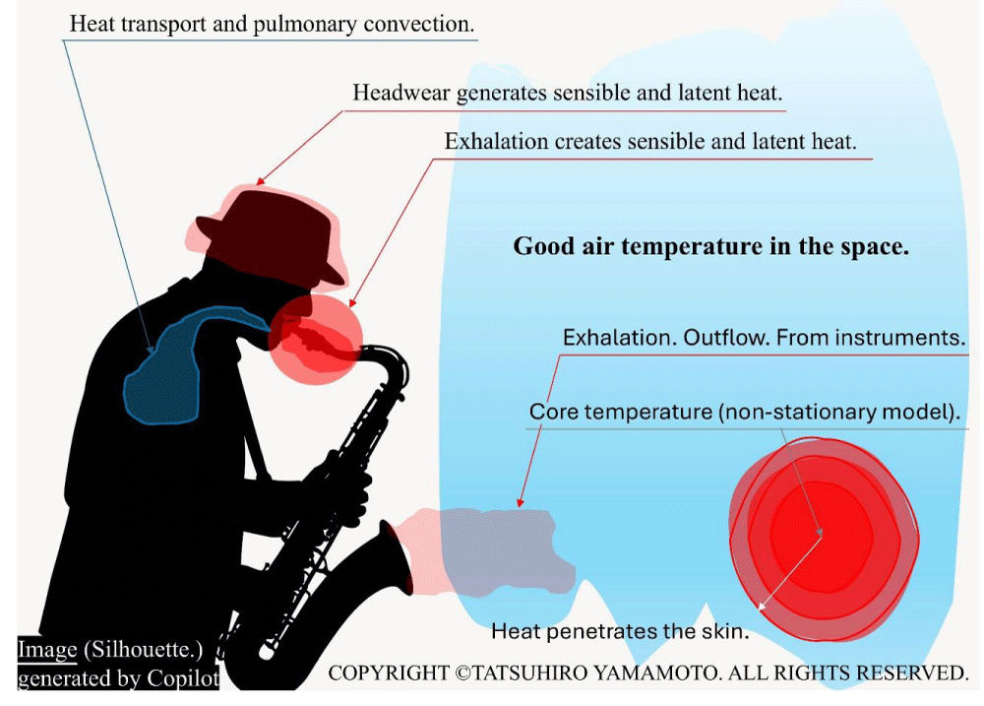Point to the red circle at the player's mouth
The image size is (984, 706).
pyautogui.click(x=316, y=339)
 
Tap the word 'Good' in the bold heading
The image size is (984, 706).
pyautogui.click(x=544, y=245)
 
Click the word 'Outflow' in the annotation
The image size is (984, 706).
pyautogui.click(x=725, y=338)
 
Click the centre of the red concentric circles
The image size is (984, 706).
pyautogui.click(x=821, y=534)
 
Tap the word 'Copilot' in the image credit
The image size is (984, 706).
pyautogui.click(x=183, y=679)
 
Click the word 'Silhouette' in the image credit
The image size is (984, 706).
pyautogui.click(x=143, y=650)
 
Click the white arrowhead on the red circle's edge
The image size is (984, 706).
pyautogui.click(x=762, y=607)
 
